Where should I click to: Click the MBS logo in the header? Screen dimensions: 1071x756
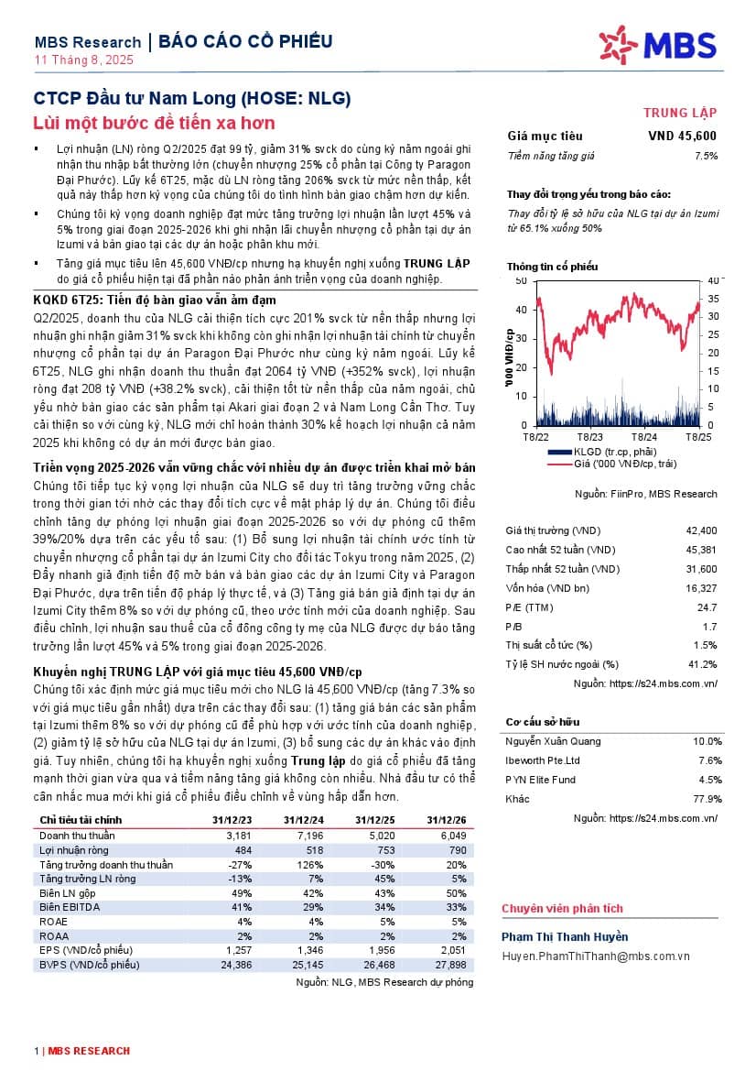pos(657,46)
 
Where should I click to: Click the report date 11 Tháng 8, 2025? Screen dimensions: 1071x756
pos(84,60)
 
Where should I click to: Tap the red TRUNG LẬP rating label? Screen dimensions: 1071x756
pos(680,114)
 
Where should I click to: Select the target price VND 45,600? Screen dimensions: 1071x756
pos(683,137)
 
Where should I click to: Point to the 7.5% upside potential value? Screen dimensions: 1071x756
pos(706,156)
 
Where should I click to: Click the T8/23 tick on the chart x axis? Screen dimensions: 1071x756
pos(590,437)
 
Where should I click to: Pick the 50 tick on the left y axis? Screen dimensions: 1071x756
pos(521,279)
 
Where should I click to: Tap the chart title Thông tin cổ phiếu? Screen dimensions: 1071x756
pos(553,267)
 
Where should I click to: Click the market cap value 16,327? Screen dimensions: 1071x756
pos(700,587)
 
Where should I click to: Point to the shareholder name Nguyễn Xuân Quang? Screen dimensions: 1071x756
pos(554,741)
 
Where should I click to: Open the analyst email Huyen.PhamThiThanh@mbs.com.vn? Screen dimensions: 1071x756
pos(596,956)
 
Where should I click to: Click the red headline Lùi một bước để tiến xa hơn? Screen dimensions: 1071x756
pos(154,123)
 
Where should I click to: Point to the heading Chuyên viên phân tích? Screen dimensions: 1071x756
pos(562,909)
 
